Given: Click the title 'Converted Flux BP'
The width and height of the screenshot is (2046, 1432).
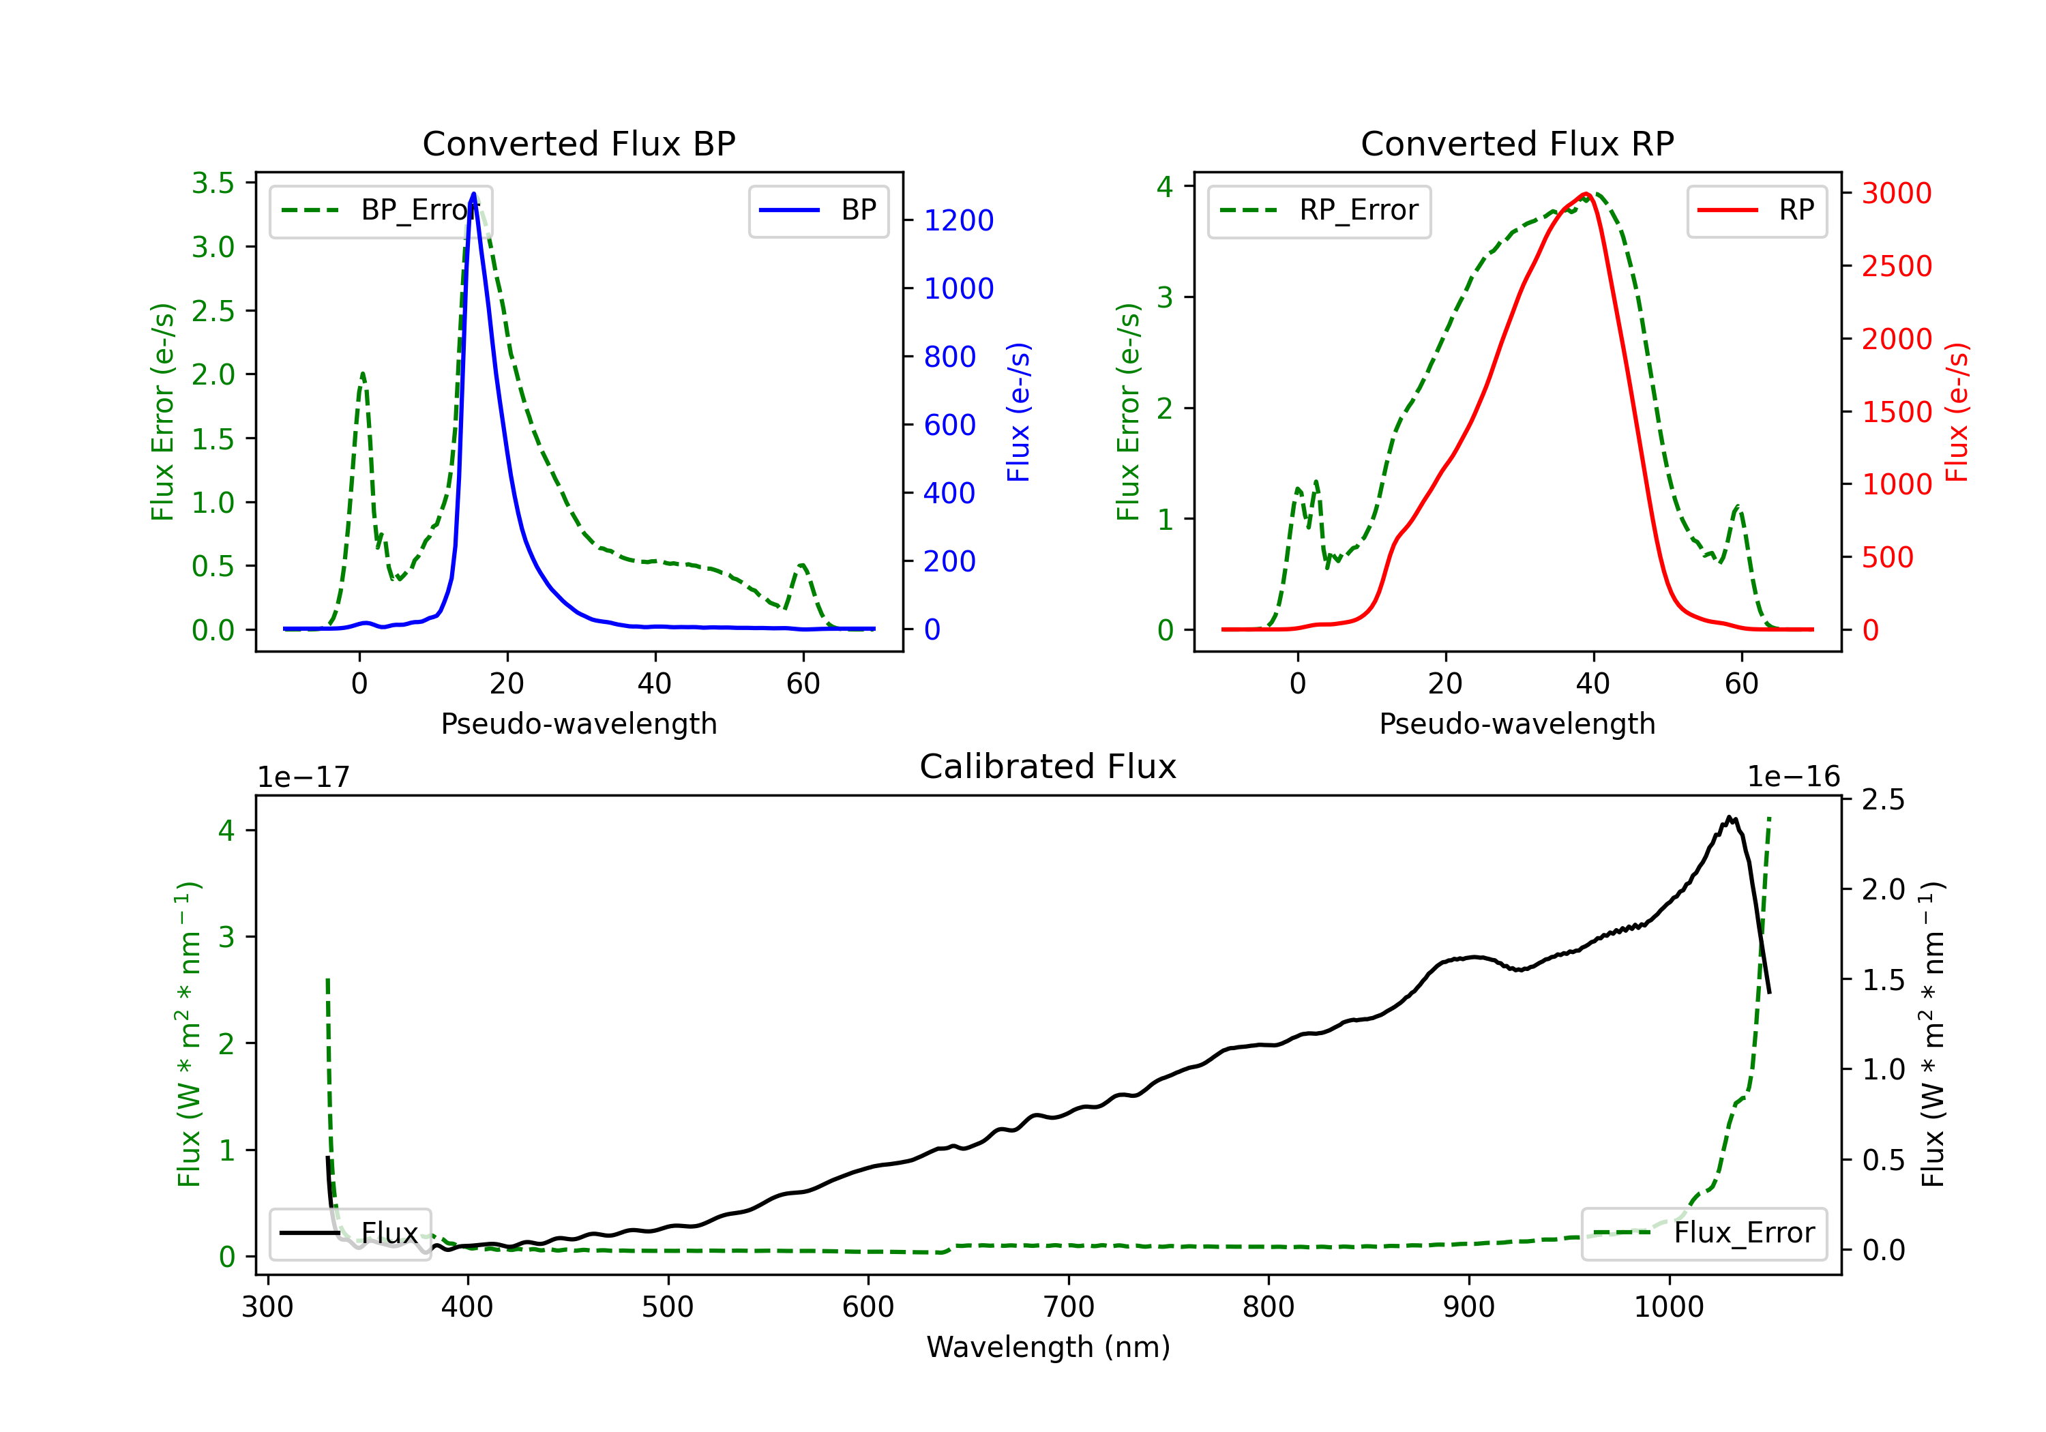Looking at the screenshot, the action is coord(578,143).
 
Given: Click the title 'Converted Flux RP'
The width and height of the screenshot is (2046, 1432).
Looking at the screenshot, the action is coord(1517,143).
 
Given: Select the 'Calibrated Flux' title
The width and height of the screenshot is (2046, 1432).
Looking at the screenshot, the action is coord(1048,766).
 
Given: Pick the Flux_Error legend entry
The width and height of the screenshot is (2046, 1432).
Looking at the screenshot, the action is coord(1704,1234).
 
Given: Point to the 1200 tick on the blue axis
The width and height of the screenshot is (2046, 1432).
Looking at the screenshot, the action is coord(959,220).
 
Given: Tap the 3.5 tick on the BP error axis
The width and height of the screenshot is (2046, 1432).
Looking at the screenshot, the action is coord(213,183).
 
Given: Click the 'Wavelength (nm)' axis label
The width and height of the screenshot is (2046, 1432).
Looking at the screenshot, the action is coord(1048,1347).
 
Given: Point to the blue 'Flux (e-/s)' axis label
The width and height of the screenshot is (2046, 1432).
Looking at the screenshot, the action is coord(1018,412).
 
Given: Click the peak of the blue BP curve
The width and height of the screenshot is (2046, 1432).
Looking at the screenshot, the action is coord(473,194).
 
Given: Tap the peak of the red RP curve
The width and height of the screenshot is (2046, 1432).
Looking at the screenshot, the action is coord(1586,194).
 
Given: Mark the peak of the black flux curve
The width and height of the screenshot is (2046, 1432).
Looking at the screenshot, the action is coord(1729,817).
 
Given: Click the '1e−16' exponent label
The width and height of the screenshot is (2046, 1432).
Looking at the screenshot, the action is coord(1793,777).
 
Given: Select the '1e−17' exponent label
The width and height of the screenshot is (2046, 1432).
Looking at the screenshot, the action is coord(304,777).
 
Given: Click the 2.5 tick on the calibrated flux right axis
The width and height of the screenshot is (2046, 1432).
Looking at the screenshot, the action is coord(1884,799).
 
